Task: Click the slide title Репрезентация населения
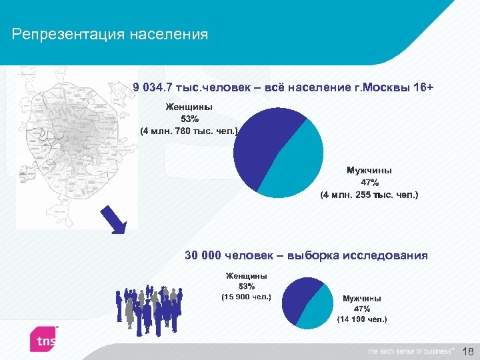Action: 110,34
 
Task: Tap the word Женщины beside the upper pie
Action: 189,107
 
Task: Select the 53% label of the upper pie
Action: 189,119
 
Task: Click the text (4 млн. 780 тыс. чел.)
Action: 189,131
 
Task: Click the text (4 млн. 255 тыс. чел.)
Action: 369,195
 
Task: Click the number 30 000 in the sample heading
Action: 203,255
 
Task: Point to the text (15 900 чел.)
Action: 246,297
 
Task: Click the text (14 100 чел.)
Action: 362,319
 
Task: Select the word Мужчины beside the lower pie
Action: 362,299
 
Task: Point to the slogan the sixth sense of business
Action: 411,351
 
